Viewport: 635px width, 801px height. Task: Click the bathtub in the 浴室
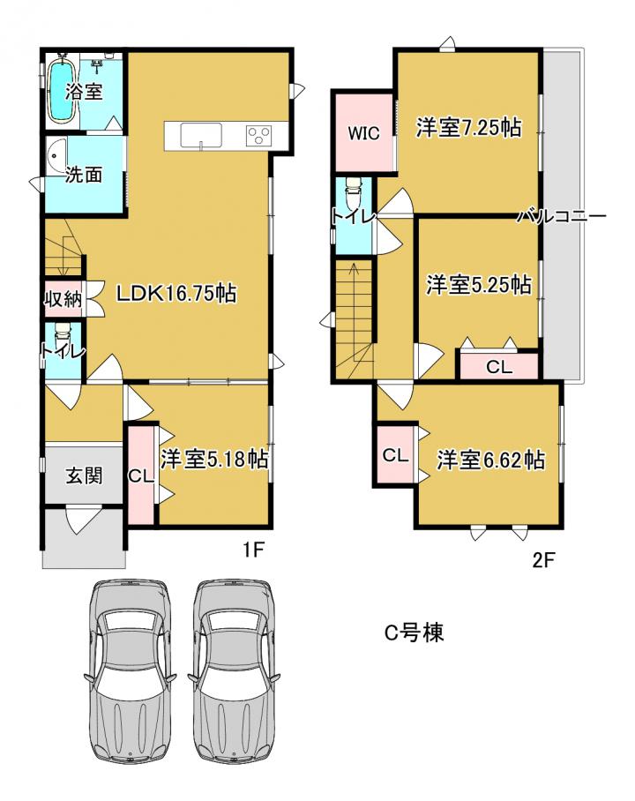coord(62,90)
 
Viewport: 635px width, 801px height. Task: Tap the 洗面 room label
coord(84,175)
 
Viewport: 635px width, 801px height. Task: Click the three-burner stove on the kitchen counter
coord(259,136)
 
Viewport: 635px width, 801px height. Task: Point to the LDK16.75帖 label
coord(176,293)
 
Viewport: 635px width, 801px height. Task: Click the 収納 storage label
coord(63,298)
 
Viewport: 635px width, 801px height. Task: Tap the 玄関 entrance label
coord(84,475)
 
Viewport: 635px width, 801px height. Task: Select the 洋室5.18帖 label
coord(214,459)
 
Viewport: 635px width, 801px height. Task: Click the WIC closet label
coord(363,133)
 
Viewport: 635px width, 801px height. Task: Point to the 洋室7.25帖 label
coord(469,127)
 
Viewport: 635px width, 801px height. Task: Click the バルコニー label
coord(562,216)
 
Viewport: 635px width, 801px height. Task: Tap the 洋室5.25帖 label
coord(479,285)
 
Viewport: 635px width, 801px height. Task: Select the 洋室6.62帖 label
coord(490,460)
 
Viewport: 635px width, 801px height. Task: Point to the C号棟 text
coord(414,633)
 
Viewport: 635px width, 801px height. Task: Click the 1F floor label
coord(253,550)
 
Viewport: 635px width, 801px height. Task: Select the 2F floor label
coord(543,560)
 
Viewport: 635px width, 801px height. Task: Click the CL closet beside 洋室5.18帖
coord(141,476)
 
